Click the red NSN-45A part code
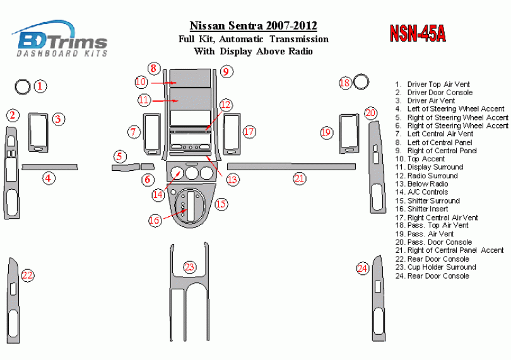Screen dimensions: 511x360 click(418, 33)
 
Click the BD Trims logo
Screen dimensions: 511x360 click(60, 38)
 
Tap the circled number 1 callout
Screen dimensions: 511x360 click(40, 86)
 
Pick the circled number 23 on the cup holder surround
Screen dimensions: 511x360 click(189, 267)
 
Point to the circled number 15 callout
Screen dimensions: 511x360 click(221, 204)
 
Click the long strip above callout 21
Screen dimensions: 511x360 click(291, 166)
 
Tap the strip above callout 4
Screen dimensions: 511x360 click(50, 167)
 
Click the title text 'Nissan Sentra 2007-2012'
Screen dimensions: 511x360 click(253, 25)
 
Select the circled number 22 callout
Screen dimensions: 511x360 click(27, 276)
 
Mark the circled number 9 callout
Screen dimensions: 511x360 click(226, 71)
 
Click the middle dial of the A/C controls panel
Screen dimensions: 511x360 click(192, 173)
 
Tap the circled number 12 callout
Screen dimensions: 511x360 click(225, 105)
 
